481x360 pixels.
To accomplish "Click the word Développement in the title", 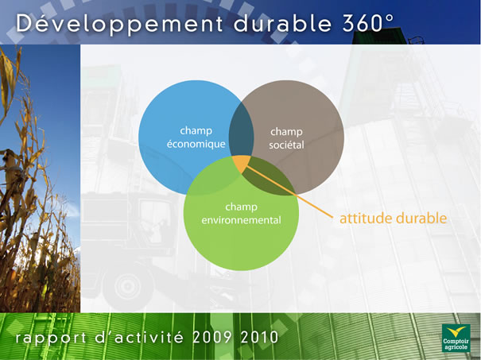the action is point(119,24).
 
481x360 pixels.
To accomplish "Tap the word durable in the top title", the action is point(282,22).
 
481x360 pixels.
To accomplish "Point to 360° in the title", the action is point(368,22).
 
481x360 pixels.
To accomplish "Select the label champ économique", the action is point(196,137).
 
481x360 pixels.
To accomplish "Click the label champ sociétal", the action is point(286,138).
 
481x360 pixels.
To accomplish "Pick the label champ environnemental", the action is point(241,214).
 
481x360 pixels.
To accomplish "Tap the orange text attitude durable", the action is point(393,218).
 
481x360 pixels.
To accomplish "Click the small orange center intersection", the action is point(241,163).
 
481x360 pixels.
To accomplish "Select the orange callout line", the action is point(289,192).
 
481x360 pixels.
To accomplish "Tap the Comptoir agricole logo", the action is point(456,338).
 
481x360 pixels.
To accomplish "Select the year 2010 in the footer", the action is point(259,337).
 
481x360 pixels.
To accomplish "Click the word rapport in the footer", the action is point(51,339).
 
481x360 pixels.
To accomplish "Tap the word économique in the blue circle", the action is point(196,144).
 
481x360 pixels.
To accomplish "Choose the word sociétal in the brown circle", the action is point(286,145).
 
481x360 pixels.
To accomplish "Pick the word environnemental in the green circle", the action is point(241,220).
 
